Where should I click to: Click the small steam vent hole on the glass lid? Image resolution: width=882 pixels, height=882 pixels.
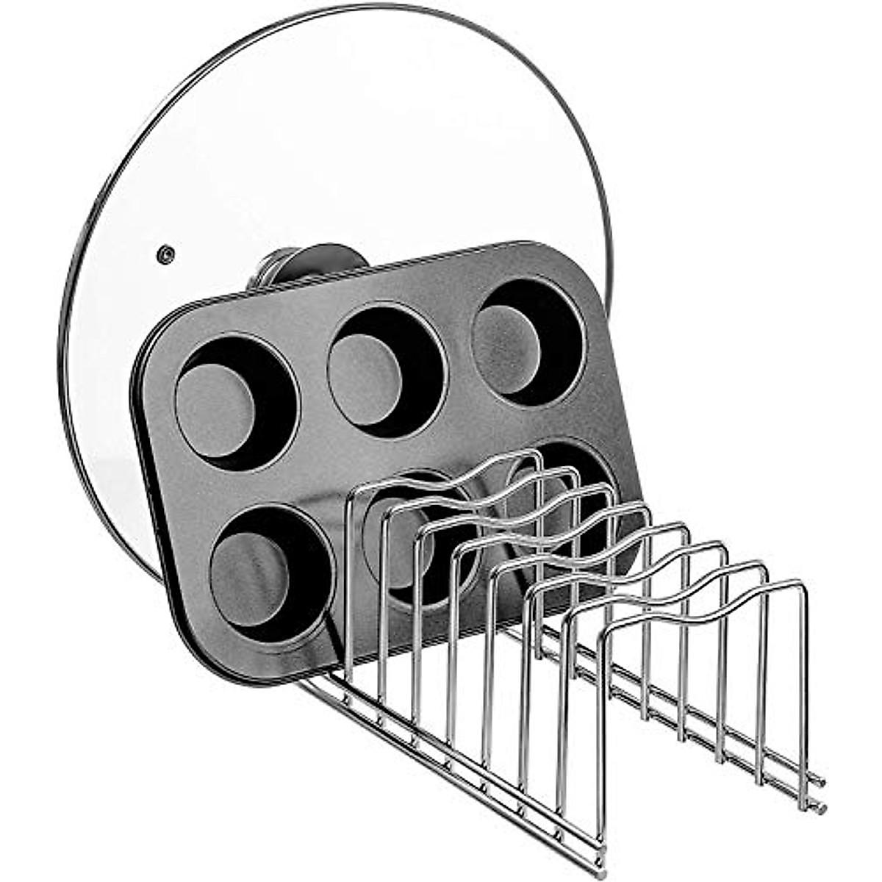[x=165, y=254]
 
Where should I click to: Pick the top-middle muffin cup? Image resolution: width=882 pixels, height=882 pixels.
[x=384, y=371]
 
